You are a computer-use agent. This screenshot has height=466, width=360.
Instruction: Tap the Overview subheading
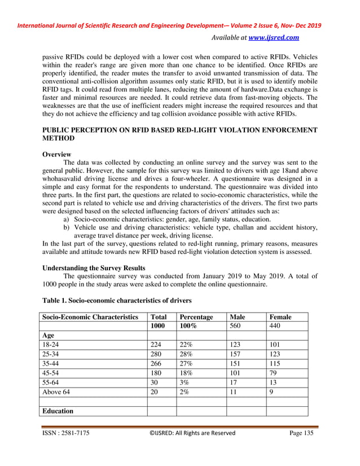coord(57,154)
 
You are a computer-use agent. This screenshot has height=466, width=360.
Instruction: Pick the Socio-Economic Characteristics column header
coord(91,317)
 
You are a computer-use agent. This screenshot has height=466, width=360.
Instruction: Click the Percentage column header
coord(196,317)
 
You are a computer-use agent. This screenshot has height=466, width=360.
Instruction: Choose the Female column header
coord(280,317)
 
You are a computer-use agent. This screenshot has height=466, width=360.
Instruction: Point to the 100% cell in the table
coord(188,326)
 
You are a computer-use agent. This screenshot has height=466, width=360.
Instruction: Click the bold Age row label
coord(50,335)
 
